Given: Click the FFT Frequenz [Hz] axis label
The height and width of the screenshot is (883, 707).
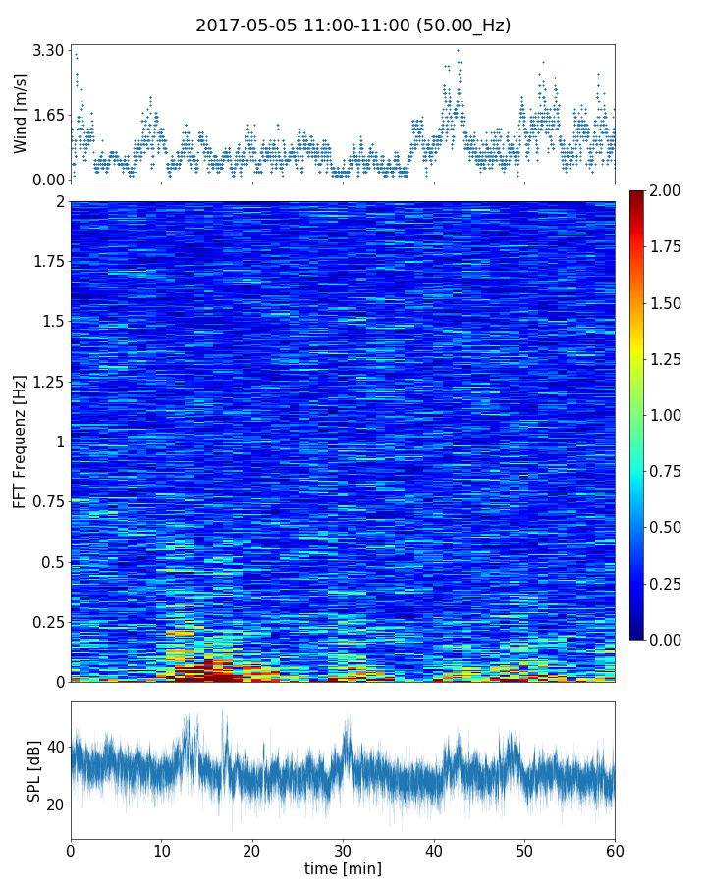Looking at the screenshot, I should [x=21, y=441].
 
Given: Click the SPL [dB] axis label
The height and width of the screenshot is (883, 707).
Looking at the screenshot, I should [x=34, y=770].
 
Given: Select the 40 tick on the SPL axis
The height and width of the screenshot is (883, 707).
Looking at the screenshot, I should [x=54, y=747].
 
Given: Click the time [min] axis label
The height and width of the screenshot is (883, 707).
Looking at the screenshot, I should [x=343, y=868].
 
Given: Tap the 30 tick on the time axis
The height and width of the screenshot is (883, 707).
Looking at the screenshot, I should [x=343, y=849].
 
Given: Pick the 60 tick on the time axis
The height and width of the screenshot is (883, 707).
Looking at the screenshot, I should [x=615, y=849].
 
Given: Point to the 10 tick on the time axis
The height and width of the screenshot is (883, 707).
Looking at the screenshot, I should [x=161, y=849].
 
